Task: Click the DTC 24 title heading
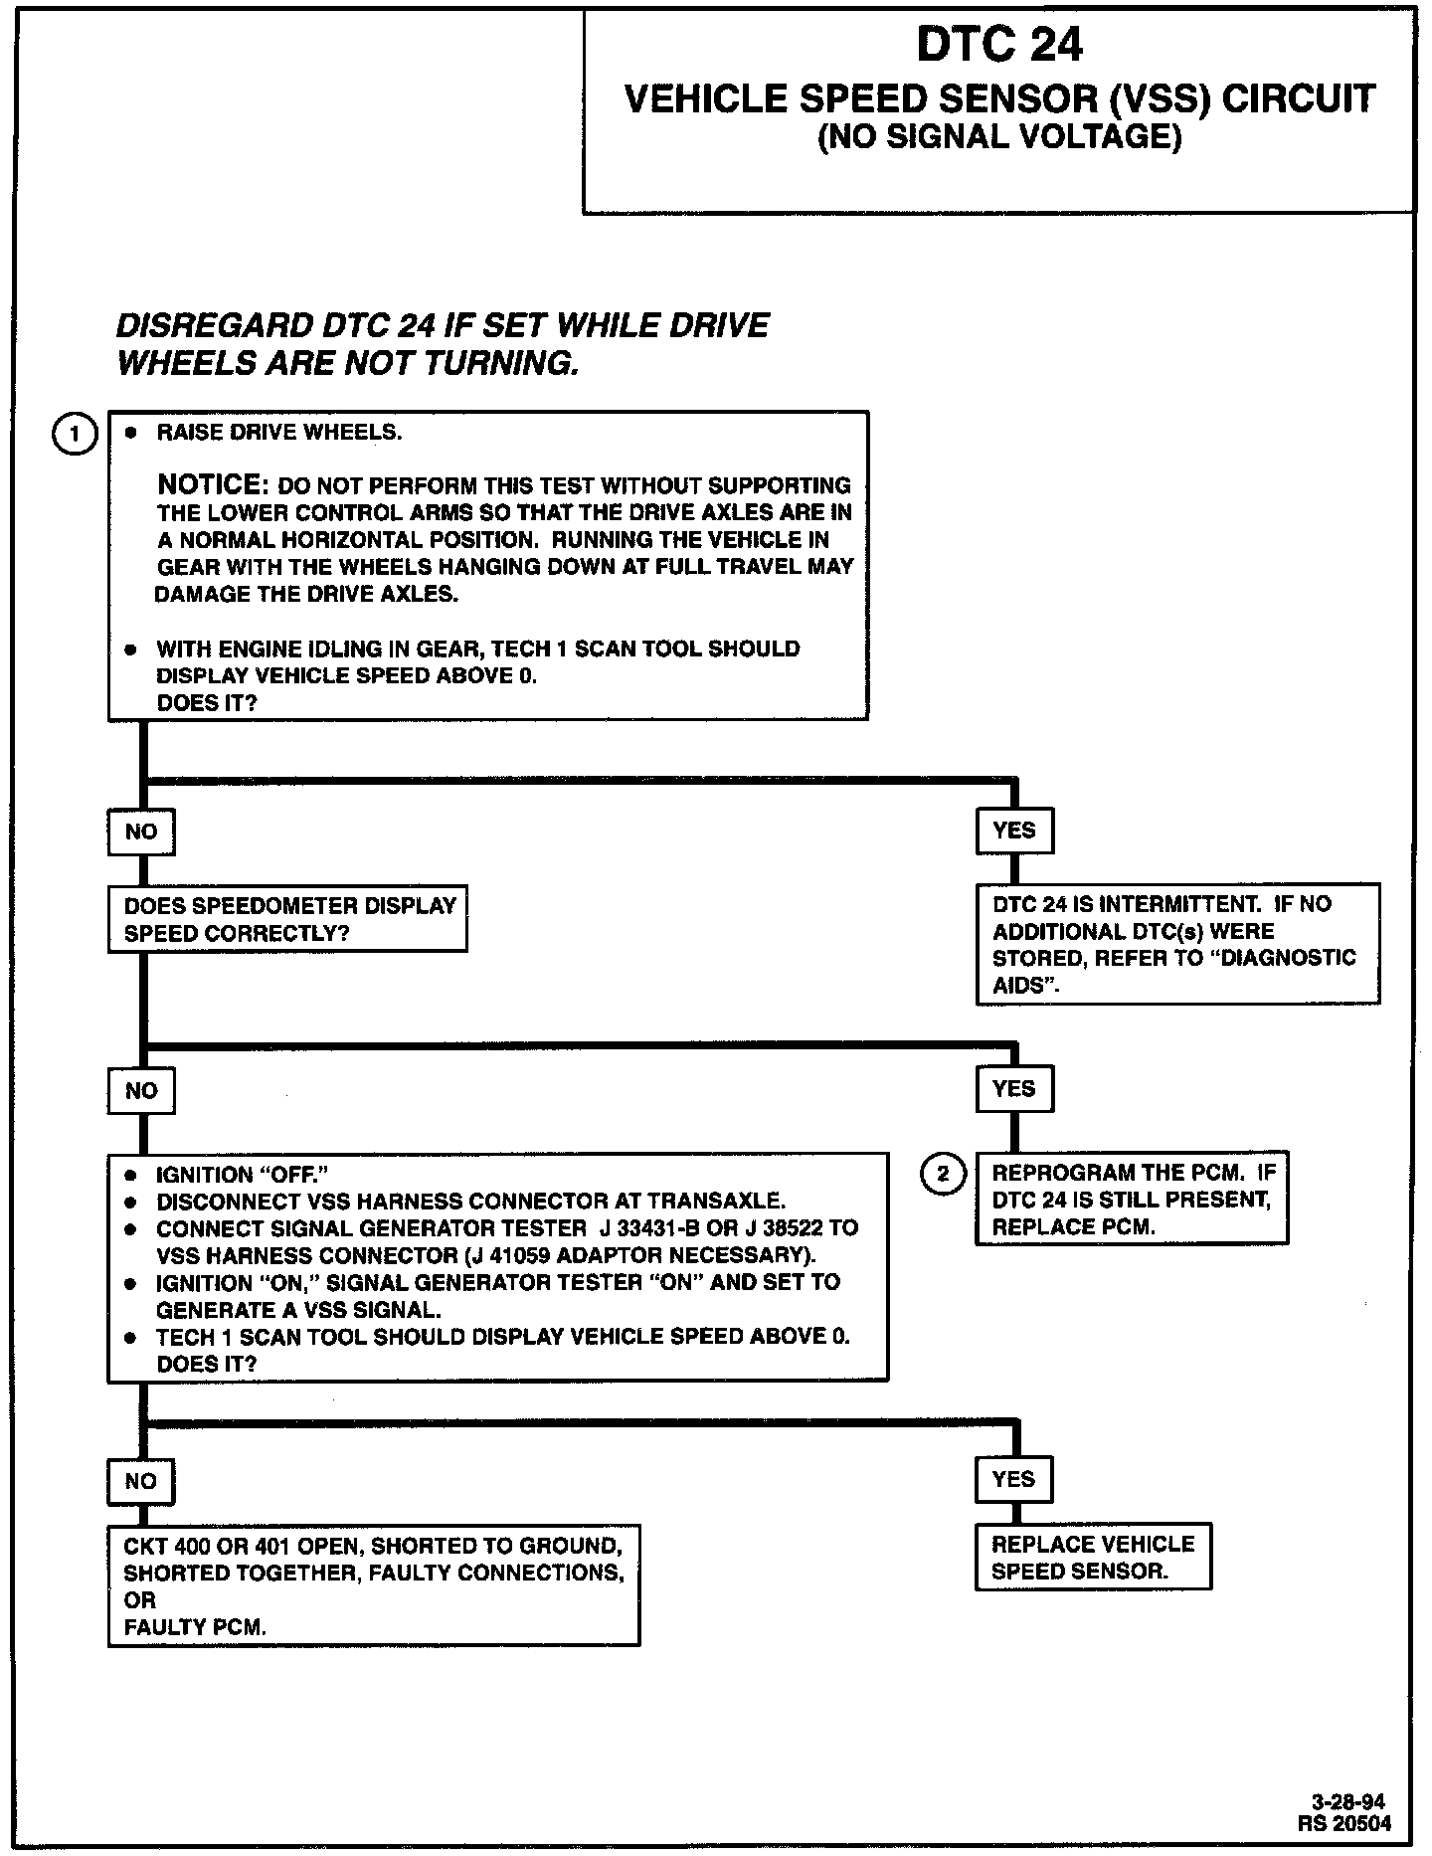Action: pyautogui.click(x=998, y=45)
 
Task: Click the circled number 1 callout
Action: pyautogui.click(x=75, y=435)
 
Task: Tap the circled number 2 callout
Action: pyautogui.click(x=943, y=1175)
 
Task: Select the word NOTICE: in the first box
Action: pyautogui.click(x=213, y=485)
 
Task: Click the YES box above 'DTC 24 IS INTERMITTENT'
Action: pyautogui.click(x=1014, y=831)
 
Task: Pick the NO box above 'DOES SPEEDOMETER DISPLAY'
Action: pyautogui.click(x=141, y=832)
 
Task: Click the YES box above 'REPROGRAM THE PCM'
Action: pyautogui.click(x=1014, y=1089)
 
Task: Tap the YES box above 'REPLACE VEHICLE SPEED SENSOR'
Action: pyautogui.click(x=1013, y=1479)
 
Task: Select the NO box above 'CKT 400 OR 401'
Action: pyautogui.click(x=141, y=1481)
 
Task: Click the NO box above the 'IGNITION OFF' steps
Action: pyautogui.click(x=141, y=1091)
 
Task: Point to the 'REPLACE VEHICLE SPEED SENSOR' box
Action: pyautogui.click(x=1093, y=1557)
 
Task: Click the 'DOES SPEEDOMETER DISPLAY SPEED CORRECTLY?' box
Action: pyautogui.click(x=287, y=919)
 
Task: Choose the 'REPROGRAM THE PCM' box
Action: pyautogui.click(x=1132, y=1200)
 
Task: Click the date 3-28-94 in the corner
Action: pyautogui.click(x=1347, y=1802)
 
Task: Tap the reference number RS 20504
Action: pyautogui.click(x=1344, y=1823)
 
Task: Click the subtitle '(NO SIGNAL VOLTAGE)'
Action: pyautogui.click(x=999, y=137)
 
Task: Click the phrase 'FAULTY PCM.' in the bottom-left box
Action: pyautogui.click(x=195, y=1627)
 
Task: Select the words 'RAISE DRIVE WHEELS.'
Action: pyautogui.click(x=279, y=433)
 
